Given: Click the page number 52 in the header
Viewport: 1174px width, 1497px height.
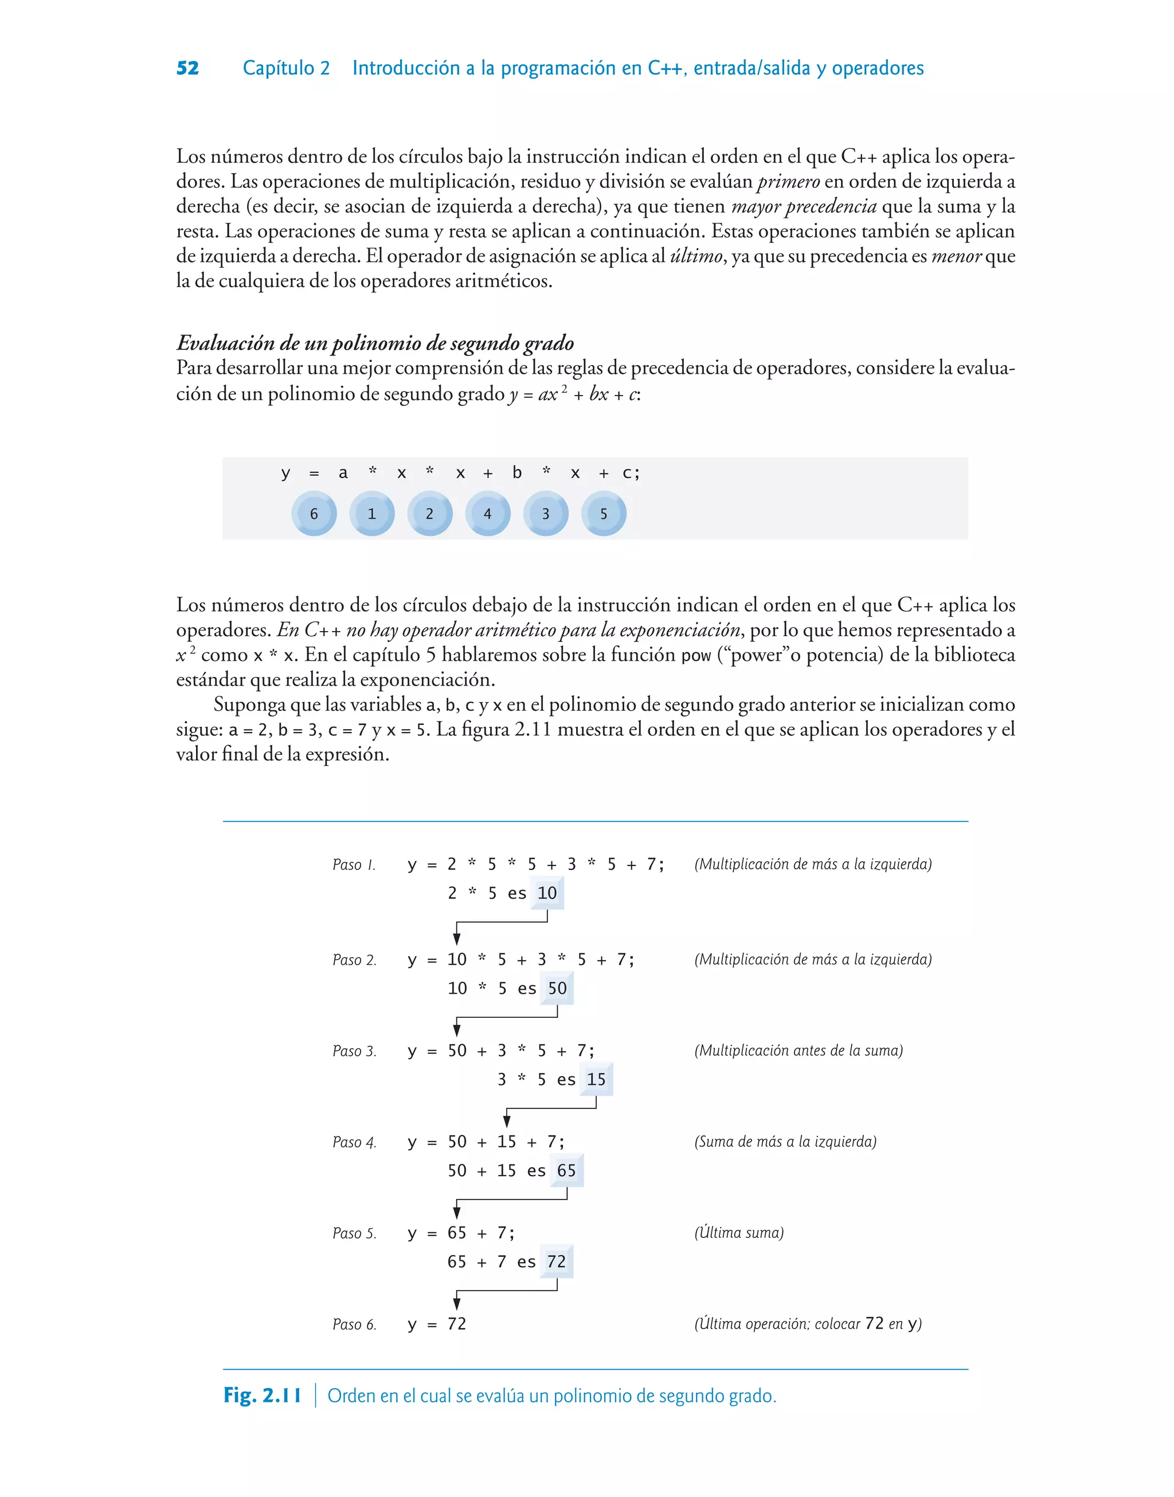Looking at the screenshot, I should pyautogui.click(x=187, y=68).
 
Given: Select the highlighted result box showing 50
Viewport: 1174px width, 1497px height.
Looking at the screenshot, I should pyautogui.click(x=557, y=989).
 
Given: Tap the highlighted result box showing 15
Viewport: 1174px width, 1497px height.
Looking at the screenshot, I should pyautogui.click(x=596, y=1080).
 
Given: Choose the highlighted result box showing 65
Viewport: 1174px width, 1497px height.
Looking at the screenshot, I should pyautogui.click(x=566, y=1171).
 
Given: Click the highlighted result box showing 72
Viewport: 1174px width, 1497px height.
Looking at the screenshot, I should pyautogui.click(x=556, y=1262).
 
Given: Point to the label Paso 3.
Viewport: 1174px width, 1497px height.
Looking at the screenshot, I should pyautogui.click(x=354, y=1051).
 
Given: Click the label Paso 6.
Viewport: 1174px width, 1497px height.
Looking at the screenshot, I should pyautogui.click(x=354, y=1324).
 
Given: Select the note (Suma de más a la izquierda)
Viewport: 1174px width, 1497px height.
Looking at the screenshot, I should pyautogui.click(x=785, y=1142).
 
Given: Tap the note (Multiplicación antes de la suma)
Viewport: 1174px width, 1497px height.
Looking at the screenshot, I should pyautogui.click(x=798, y=1051).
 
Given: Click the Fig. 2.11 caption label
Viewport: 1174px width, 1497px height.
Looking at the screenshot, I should pyautogui.click(x=262, y=1396).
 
